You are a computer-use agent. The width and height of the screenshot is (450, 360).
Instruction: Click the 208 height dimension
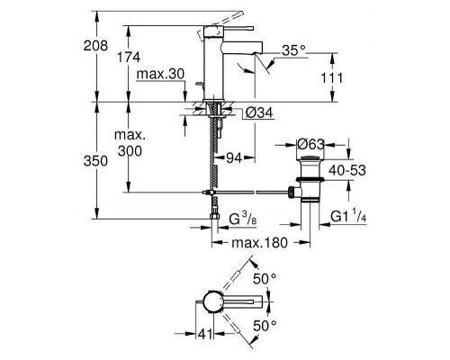(x=95, y=46)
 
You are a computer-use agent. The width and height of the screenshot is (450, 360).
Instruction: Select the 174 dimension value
(x=129, y=57)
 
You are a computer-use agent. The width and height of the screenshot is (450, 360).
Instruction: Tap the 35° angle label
(x=293, y=50)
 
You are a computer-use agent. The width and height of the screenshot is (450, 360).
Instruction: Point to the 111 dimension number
(x=331, y=78)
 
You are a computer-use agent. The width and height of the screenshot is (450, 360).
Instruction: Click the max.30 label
(x=160, y=74)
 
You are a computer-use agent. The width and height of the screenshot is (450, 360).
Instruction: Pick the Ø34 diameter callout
(x=259, y=112)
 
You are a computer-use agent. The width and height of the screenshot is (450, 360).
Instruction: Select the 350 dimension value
(x=95, y=161)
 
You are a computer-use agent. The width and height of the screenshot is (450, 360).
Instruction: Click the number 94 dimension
(x=234, y=157)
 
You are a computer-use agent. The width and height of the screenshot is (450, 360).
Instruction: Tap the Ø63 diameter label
(x=311, y=145)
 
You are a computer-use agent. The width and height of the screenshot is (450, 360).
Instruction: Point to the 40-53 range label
(x=347, y=170)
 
